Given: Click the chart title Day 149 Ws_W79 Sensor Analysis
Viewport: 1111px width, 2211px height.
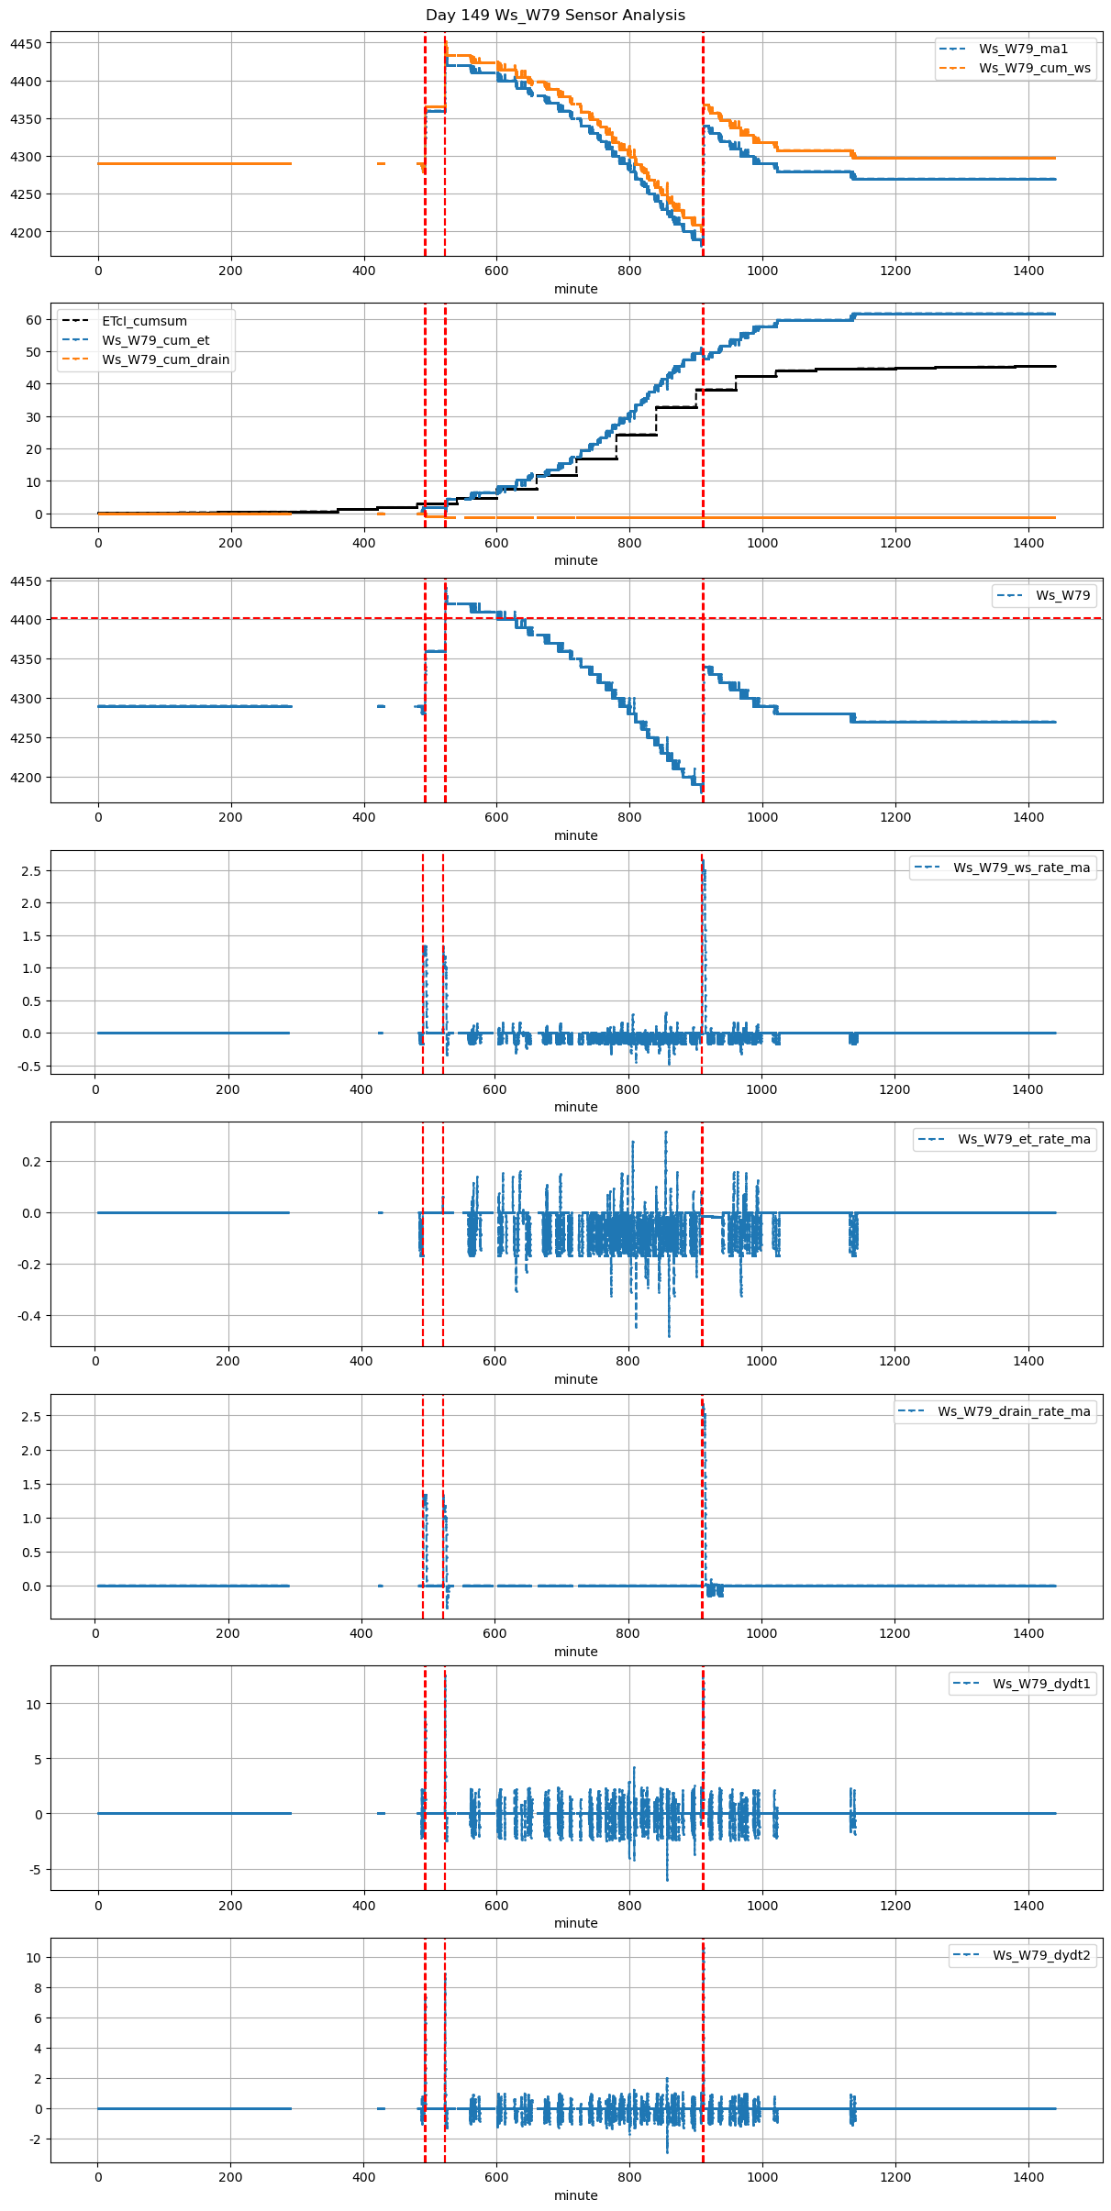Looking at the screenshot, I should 555,16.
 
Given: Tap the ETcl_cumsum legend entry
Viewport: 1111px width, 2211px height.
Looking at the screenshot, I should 144,321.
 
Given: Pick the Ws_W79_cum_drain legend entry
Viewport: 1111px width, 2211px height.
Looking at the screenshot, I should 165,359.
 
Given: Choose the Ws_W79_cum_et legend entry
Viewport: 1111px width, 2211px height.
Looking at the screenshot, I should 155,340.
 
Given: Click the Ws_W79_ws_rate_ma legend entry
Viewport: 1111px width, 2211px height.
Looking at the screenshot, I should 1021,868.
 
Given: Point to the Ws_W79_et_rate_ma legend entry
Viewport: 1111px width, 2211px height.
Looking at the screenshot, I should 1024,1139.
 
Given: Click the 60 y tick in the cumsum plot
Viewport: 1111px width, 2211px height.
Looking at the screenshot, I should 34,320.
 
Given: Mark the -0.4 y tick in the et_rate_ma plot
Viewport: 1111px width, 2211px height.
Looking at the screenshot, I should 28,1316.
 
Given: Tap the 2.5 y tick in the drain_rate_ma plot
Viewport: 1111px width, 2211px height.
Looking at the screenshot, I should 30,1417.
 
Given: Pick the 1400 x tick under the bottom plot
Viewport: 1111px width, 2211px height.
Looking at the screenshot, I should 1028,2181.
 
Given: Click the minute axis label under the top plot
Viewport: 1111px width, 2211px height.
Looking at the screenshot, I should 575,289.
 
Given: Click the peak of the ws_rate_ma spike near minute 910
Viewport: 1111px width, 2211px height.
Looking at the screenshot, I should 703,862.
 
